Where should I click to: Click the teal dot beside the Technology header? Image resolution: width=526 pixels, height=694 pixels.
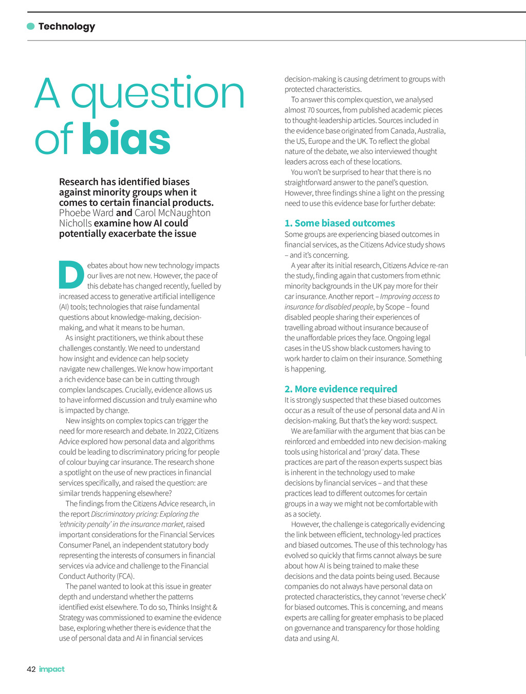click(31, 26)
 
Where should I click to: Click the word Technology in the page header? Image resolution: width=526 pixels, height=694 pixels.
click(67, 26)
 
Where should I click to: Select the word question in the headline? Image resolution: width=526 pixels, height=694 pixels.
click(157, 94)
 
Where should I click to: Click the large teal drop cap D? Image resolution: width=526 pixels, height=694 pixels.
click(71, 275)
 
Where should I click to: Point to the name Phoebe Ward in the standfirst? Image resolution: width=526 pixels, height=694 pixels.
click(86, 213)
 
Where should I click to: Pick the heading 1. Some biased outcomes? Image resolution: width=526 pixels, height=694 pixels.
click(340, 223)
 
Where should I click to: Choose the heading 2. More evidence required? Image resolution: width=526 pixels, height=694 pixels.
click(341, 389)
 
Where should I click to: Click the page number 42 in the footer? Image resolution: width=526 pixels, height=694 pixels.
click(31, 669)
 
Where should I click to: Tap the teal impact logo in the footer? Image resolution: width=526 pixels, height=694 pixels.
click(52, 669)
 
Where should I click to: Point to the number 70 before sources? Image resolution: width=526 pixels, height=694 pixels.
click(311, 110)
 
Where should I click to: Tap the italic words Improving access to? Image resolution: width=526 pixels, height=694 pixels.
click(410, 296)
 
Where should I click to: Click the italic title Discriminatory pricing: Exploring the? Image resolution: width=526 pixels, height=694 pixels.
click(145, 514)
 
